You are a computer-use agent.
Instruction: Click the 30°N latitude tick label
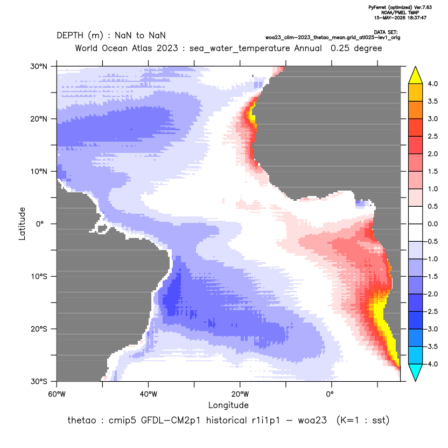(39, 66)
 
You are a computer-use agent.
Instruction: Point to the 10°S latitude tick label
(39, 277)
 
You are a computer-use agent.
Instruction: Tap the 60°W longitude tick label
(57, 394)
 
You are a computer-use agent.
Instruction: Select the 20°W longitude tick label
(240, 394)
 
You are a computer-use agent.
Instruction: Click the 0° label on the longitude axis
(330, 394)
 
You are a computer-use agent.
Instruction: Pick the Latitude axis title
(22, 223)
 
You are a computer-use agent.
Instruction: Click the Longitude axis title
(228, 405)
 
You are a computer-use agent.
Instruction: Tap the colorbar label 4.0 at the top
(432, 83)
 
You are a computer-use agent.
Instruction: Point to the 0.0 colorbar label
(432, 224)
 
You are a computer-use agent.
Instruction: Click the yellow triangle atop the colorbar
(416, 75)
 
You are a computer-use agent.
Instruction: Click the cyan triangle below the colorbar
(416, 373)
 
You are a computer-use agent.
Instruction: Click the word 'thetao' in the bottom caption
(81, 421)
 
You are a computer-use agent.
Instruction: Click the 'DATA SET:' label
(386, 32)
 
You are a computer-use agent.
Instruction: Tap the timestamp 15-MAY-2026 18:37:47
(400, 18)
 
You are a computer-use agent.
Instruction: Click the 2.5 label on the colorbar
(432, 136)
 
